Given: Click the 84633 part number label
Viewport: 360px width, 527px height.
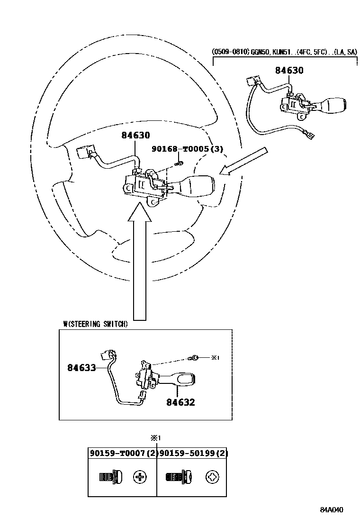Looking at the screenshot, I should tap(81, 367).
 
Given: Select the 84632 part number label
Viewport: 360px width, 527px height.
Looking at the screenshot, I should tap(180, 402).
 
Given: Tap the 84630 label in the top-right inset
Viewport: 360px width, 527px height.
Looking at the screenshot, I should tap(289, 71).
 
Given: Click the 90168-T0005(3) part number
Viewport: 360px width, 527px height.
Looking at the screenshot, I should tap(187, 149).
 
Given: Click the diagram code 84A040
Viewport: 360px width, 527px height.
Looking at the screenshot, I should tap(331, 510).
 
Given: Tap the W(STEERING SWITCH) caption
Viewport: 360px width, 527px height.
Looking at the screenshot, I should tap(95, 324).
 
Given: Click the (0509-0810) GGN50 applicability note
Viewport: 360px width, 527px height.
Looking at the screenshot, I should tap(284, 52).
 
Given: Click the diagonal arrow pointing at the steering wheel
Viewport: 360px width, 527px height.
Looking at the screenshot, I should tap(244, 162).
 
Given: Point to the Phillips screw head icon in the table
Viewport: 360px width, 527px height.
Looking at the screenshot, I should tap(140, 477).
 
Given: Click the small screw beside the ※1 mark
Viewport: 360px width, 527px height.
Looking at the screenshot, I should tap(195, 357).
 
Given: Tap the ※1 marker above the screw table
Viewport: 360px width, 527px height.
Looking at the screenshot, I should tap(157, 438).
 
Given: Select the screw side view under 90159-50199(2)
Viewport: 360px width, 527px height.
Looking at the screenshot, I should tap(178, 477).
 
